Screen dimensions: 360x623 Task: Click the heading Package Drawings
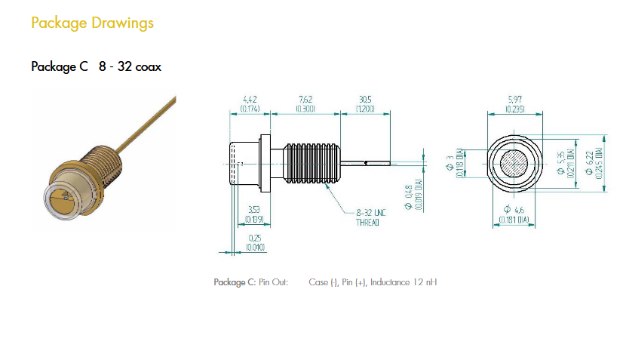pos(92,23)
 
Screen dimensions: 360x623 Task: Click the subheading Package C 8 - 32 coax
pos(96,66)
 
